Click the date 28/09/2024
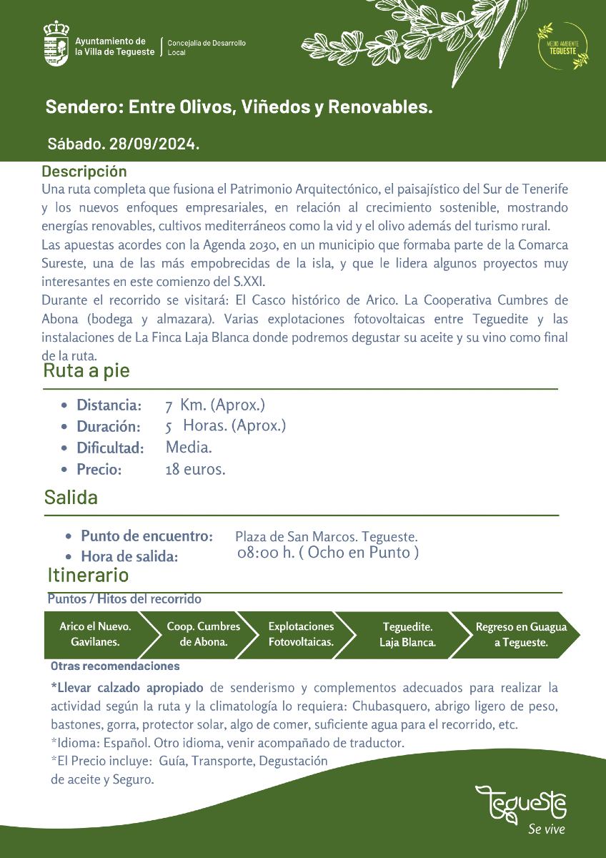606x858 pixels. click(154, 144)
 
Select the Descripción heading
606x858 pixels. click(84, 172)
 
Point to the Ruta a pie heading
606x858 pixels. click(86, 370)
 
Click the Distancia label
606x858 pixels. click(109, 405)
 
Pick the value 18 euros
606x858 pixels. click(195, 470)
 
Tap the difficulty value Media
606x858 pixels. click(189, 448)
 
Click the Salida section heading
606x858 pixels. click(71, 497)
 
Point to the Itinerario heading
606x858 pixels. click(88, 575)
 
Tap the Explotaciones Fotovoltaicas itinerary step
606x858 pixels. click(301, 634)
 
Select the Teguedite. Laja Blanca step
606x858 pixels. click(407, 634)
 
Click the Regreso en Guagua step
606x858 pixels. click(521, 634)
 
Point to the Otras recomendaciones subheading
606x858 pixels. click(115, 666)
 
